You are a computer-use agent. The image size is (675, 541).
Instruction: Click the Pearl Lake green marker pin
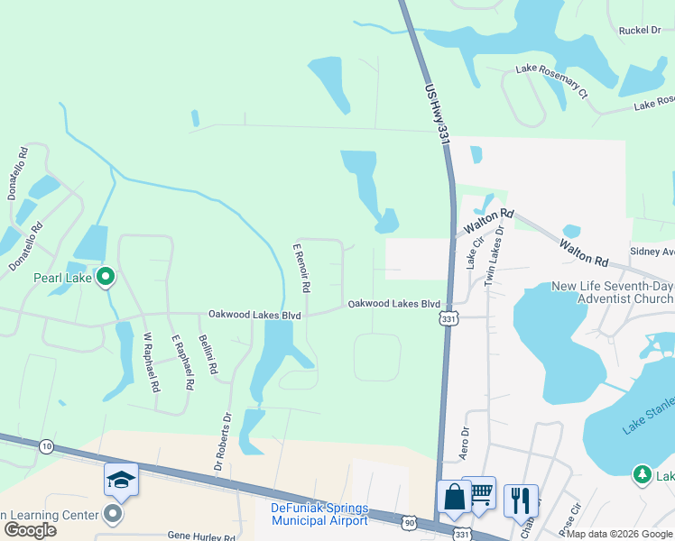tap(106, 277)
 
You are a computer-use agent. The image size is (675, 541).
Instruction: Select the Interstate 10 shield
tap(46, 445)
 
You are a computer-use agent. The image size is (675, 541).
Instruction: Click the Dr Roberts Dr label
tap(223, 442)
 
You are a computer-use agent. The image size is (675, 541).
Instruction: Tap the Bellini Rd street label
tap(209, 353)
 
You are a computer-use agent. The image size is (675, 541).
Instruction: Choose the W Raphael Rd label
tap(151, 362)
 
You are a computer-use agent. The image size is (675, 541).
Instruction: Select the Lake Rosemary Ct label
tap(551, 81)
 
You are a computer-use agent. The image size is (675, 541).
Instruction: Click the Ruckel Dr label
tap(639, 31)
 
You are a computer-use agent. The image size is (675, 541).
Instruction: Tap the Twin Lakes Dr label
tap(493, 257)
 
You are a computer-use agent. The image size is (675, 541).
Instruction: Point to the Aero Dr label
tap(466, 444)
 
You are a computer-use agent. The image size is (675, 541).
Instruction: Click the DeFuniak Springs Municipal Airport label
tap(319, 514)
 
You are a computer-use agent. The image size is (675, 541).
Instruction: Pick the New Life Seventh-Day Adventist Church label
tap(612, 292)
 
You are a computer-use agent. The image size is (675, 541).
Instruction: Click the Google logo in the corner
tap(30, 530)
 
